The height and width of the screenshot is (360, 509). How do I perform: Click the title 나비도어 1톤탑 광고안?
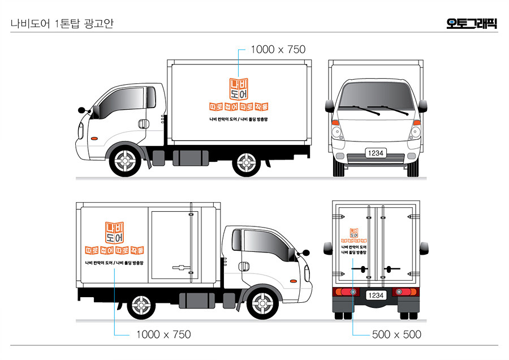coord(62,24)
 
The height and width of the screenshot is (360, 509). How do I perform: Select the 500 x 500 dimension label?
coord(396,335)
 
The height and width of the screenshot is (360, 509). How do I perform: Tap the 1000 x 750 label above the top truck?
coord(278,50)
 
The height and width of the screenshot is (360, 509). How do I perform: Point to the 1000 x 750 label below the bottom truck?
coord(163,335)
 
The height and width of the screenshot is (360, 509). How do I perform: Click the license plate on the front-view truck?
coord(376,153)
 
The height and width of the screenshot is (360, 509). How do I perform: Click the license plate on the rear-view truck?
coord(376,295)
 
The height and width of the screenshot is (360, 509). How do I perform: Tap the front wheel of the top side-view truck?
coord(124,161)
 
